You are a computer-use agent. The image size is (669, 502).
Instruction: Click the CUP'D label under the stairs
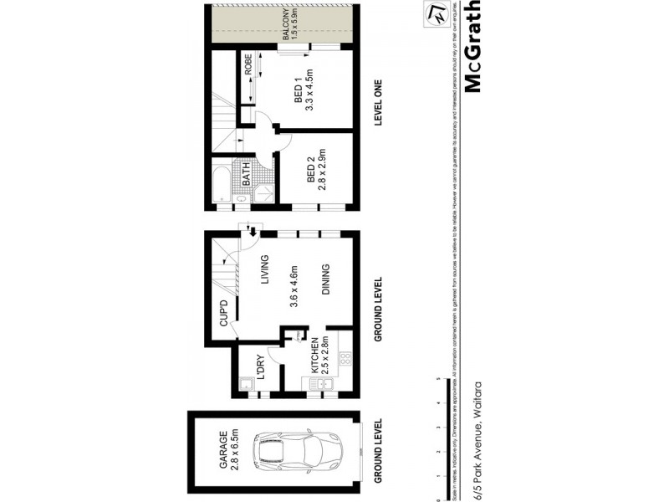(223, 313)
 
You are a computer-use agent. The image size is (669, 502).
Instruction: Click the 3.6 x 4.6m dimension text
(294, 289)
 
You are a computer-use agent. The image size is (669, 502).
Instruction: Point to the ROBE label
(248, 65)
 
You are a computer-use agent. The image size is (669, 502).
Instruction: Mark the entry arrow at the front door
(251, 232)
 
